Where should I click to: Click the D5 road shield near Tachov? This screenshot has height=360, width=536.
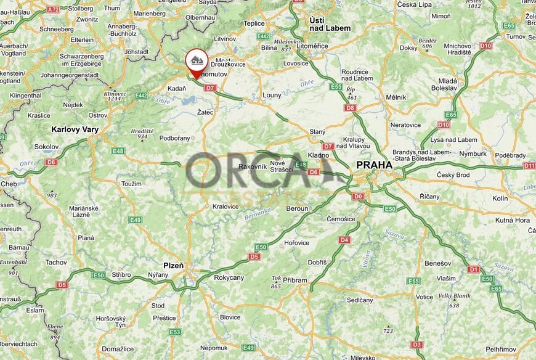pyautogui.click(x=62, y=285)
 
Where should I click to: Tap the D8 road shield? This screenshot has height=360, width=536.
pyautogui.click(x=351, y=108)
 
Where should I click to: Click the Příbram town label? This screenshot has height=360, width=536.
pyautogui.click(x=295, y=280)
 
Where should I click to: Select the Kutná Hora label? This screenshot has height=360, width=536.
pyautogui.click(x=513, y=220)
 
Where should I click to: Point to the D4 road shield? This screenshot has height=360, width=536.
pyautogui.click(x=344, y=239)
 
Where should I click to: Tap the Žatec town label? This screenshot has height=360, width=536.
pyautogui.click(x=205, y=113)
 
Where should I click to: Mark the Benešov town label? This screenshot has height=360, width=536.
pyautogui.click(x=437, y=263)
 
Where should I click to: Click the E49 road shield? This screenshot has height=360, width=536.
pyautogui.click(x=135, y=220)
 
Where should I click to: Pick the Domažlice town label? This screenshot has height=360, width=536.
pyautogui.click(x=117, y=349)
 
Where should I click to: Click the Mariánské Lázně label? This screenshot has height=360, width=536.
pyautogui.click(x=84, y=211)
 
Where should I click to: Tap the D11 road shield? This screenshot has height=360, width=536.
pyautogui.click(x=529, y=166)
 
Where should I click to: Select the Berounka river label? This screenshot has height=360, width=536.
pyautogui.click(x=258, y=214)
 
